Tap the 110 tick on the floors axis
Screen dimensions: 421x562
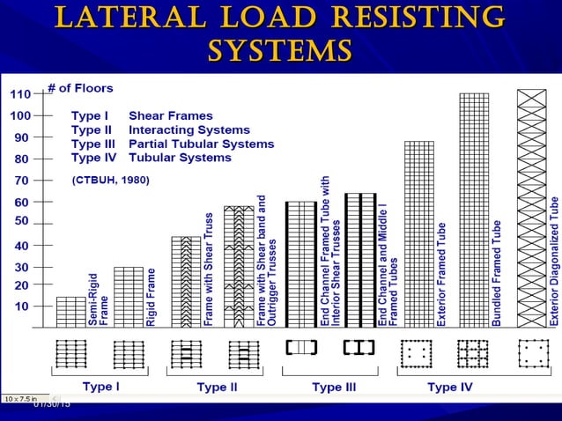tap(20, 94)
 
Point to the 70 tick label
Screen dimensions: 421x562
tap(22, 181)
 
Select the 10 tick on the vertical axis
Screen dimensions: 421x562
tap(22, 306)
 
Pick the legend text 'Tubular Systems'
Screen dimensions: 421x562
tap(180, 158)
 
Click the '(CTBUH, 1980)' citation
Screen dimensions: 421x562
tap(110, 181)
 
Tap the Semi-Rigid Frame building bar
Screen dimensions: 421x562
tap(71, 312)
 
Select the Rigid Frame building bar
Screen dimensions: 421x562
tap(129, 297)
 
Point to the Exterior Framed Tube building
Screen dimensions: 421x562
tap(418, 233)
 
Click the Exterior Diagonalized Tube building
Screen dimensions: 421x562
tap(531, 208)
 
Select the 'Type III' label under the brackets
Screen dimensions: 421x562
tap(333, 387)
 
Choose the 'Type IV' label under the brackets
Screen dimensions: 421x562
tap(447, 387)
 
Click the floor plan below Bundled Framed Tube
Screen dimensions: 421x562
tap(473, 352)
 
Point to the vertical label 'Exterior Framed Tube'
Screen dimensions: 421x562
tap(441, 273)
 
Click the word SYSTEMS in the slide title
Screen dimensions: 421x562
tap(279, 49)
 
